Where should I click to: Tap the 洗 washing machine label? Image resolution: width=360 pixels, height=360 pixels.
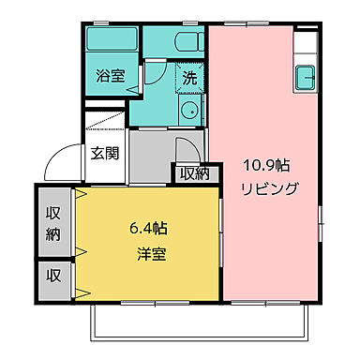pyautogui.click(x=189, y=78)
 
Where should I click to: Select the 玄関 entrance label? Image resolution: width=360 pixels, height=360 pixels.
pyautogui.click(x=104, y=154)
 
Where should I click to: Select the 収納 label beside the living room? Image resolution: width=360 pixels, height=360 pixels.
pyautogui.click(x=194, y=172)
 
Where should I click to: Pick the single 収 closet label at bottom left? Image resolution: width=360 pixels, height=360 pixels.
pyautogui.click(x=53, y=276)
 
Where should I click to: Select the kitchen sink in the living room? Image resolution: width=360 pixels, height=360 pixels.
pyautogui.click(x=306, y=77)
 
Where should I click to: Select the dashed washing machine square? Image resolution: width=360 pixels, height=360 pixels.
pyautogui.click(x=189, y=79)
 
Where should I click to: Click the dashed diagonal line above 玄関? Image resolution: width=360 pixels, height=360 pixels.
pyautogui.click(x=104, y=121)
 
